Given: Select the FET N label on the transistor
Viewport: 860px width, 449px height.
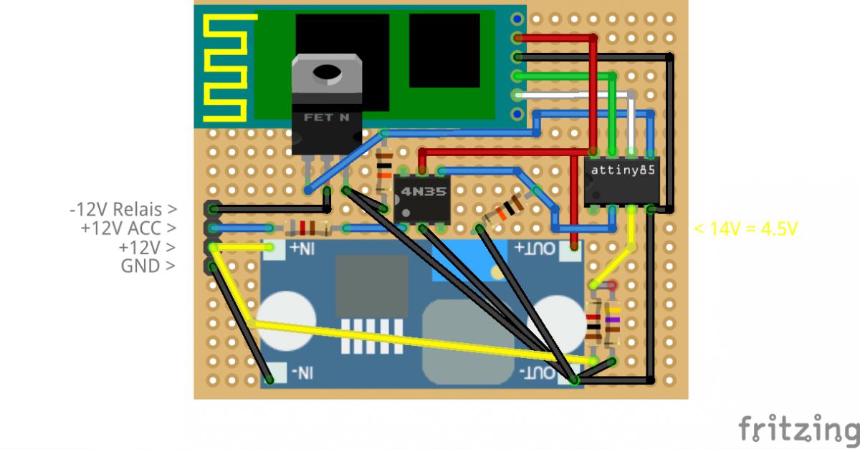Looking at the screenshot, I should tap(326, 117).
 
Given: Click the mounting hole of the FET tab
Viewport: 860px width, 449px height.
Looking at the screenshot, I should tap(326, 72).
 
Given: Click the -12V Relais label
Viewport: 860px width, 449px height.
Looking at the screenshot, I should tap(123, 210).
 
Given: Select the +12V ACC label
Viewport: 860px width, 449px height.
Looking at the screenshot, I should tap(128, 228).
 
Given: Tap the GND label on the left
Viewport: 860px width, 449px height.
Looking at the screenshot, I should tap(148, 266).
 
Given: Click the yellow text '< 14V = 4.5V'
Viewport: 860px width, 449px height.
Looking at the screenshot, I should tap(745, 229).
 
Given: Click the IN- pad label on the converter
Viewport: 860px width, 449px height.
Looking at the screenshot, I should tap(301, 372).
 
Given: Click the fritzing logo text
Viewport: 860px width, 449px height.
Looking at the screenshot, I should tap(798, 428).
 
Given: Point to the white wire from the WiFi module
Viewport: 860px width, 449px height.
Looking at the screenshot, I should tap(573, 95).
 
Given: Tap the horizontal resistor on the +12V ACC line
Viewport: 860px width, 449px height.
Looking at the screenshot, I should tap(307, 228).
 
